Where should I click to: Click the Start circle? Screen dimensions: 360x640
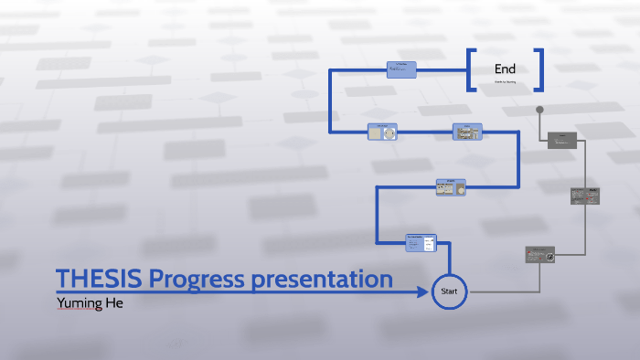pyautogui.click(x=449, y=291)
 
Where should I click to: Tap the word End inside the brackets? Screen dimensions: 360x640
pyautogui.click(x=505, y=69)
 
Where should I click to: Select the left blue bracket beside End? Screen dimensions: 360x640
pyautogui.click(x=471, y=69)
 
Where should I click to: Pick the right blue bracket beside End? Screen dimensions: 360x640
pyautogui.click(x=539, y=69)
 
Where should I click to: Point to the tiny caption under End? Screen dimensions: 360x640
pyautogui.click(x=506, y=82)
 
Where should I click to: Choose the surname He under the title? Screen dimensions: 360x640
pyautogui.click(x=113, y=302)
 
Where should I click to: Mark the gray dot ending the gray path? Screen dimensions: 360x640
pyautogui.click(x=539, y=111)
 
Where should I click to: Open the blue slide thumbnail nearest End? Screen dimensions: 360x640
pyautogui.click(x=401, y=69)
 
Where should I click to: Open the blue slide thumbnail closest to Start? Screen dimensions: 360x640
pyautogui.click(x=421, y=243)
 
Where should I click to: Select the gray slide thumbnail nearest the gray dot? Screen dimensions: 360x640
pyautogui.click(x=562, y=140)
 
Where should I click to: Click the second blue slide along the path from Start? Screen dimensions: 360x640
pyautogui.click(x=451, y=187)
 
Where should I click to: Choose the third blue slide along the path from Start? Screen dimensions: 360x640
pyautogui.click(x=466, y=132)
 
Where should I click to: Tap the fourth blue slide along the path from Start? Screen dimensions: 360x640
pyautogui.click(x=383, y=132)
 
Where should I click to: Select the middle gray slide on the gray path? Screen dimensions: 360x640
pyautogui.click(x=585, y=195)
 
